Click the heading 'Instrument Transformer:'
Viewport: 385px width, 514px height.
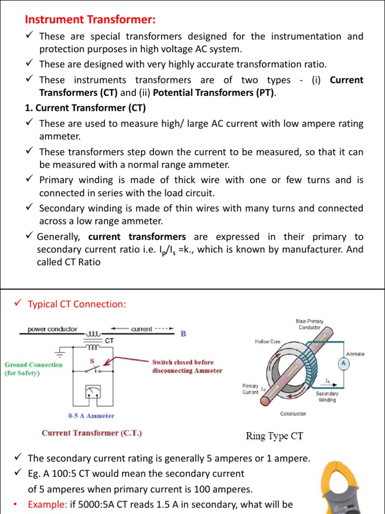(x=90, y=20)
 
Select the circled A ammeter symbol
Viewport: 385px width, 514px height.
(x=343, y=363)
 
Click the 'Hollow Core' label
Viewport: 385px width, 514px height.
(x=268, y=342)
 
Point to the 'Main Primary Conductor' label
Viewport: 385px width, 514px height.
(x=309, y=324)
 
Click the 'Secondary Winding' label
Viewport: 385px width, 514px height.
(x=327, y=397)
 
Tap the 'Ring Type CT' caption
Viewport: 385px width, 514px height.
(x=274, y=436)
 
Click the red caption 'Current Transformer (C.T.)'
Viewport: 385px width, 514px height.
(x=92, y=433)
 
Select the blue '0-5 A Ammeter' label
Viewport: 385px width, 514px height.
(x=91, y=416)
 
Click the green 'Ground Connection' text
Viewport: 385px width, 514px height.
(x=34, y=365)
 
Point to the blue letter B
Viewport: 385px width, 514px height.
(x=183, y=333)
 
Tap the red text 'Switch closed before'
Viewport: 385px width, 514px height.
(x=183, y=362)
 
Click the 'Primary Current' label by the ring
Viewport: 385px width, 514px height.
(x=251, y=389)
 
